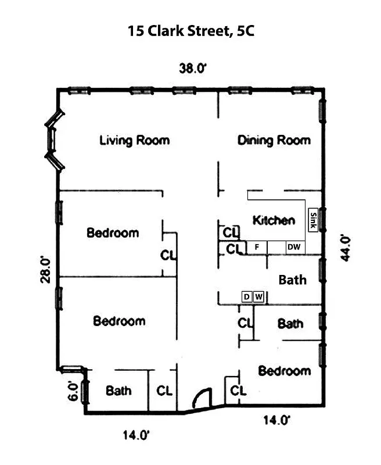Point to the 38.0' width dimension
(x=193, y=68)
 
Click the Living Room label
(x=134, y=140)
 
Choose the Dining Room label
(x=274, y=140)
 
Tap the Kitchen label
(x=274, y=220)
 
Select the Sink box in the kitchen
(x=313, y=220)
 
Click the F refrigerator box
(x=256, y=247)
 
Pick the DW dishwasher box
(x=294, y=247)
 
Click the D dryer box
(x=247, y=297)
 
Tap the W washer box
(x=259, y=297)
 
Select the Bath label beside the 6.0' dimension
(x=118, y=391)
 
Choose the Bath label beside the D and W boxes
(x=292, y=280)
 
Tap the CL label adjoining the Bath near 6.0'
(x=164, y=391)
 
